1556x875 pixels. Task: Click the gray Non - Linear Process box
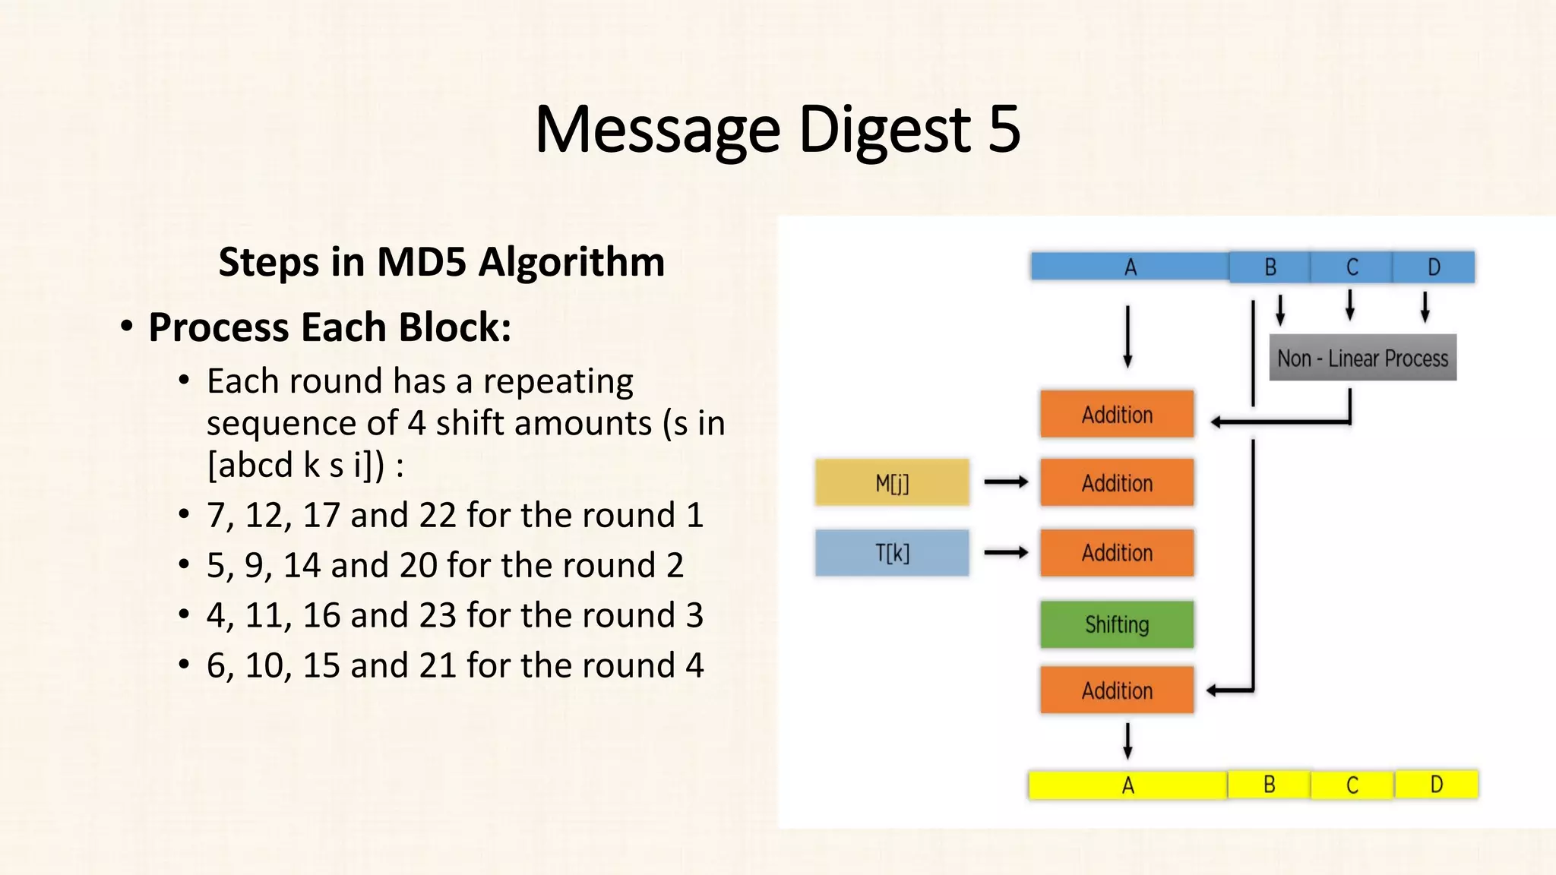point(1362,358)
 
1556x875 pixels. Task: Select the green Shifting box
point(1117,624)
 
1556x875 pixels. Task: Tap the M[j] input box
point(892,482)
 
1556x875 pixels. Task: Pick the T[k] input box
point(892,553)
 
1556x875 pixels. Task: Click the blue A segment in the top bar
point(1130,267)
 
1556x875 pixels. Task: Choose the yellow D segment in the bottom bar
point(1436,784)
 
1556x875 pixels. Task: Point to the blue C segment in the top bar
point(1352,267)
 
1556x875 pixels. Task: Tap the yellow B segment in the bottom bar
point(1269,784)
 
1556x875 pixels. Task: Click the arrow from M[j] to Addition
point(1006,482)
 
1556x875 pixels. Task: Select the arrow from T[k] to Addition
point(1006,552)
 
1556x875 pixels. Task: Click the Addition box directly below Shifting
point(1117,690)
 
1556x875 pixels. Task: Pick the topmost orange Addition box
point(1117,415)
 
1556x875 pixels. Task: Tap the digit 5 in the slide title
point(1004,129)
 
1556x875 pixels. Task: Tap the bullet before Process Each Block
point(127,327)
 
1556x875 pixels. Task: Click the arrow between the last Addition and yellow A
point(1127,741)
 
